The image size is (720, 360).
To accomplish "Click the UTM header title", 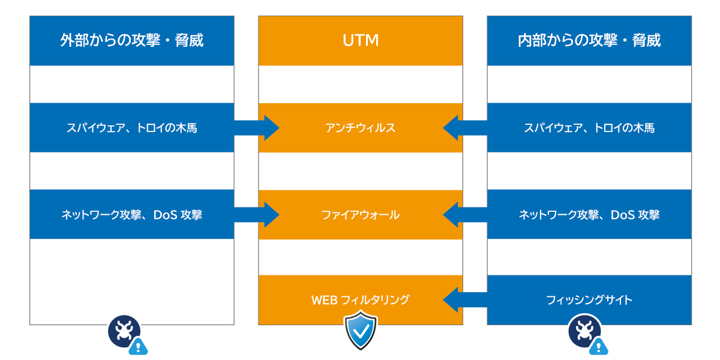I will pyautogui.click(x=360, y=40).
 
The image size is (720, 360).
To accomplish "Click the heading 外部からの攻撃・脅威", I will pyautogui.click(x=131, y=40).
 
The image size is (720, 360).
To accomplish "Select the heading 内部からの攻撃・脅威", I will pyautogui.click(x=589, y=40).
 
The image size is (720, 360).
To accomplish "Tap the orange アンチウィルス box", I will pyautogui.click(x=360, y=128).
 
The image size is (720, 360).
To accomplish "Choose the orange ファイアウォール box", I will pyautogui.click(x=360, y=215).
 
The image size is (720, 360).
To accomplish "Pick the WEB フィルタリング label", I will pyautogui.click(x=360, y=300).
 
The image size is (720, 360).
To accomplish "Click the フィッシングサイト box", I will pyautogui.click(x=589, y=300).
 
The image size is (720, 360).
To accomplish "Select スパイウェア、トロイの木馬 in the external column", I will pyautogui.click(x=131, y=128).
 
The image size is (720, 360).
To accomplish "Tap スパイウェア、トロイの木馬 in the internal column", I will pyautogui.click(x=589, y=128).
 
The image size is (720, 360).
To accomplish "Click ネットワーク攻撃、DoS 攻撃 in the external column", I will pyautogui.click(x=131, y=215).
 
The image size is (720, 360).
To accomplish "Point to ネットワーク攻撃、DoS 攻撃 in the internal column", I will pyautogui.click(x=589, y=215).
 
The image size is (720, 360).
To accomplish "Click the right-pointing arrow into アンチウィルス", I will pyautogui.click(x=258, y=128).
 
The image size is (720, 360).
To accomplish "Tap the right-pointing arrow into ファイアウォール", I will pyautogui.click(x=258, y=215).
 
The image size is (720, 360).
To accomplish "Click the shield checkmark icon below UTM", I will pyautogui.click(x=360, y=331).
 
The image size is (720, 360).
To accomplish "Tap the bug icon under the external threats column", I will pyautogui.click(x=124, y=331).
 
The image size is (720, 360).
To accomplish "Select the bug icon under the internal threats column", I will pyautogui.click(x=583, y=331).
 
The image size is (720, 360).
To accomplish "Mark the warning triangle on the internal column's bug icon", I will pyautogui.click(x=598, y=346).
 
